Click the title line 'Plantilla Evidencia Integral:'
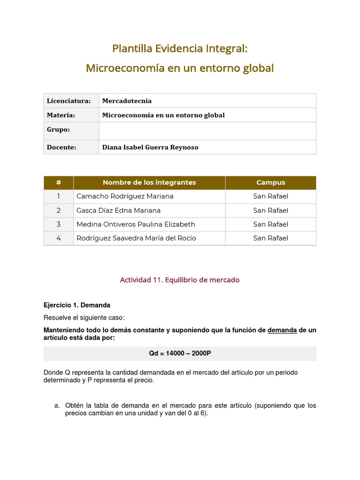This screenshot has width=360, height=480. click(x=180, y=48)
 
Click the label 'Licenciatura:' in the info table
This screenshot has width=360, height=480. click(x=68, y=101)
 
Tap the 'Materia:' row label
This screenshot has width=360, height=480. click(x=61, y=115)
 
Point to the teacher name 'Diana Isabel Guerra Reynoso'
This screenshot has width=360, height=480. click(x=150, y=147)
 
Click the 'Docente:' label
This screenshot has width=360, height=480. click(x=61, y=147)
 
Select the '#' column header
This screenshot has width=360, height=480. click(x=59, y=182)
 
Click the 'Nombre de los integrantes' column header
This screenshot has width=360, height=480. click(x=149, y=182)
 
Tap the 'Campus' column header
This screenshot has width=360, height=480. click(x=270, y=182)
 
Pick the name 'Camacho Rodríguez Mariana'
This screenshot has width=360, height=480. click(x=125, y=196)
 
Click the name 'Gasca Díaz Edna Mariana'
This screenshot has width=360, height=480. click(x=118, y=210)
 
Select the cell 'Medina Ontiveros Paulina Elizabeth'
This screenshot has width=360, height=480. click(x=135, y=224)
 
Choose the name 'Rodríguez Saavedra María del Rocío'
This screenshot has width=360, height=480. click(x=136, y=238)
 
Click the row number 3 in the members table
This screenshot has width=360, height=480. click(x=59, y=224)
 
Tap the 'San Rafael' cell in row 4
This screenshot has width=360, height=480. click(x=270, y=238)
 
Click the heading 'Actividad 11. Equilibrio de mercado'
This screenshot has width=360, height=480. click(x=180, y=280)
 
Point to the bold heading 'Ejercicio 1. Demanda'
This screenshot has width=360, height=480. click(x=77, y=305)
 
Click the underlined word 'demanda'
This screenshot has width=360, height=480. click(x=282, y=330)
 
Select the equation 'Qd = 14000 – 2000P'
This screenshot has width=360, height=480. click(x=180, y=353)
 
